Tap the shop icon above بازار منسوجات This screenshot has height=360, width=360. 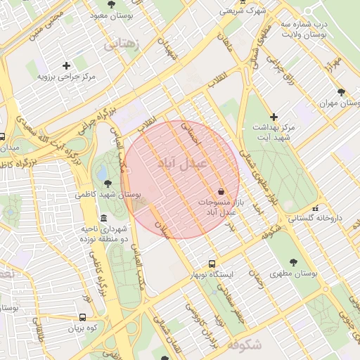pyautogui.click(x=221, y=191)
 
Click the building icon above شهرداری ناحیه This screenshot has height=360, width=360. pyautogui.click(x=104, y=218)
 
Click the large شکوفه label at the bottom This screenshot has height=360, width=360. pyautogui.click(x=244, y=345)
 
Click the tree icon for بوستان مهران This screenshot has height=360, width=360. pyautogui.click(x=341, y=91)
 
